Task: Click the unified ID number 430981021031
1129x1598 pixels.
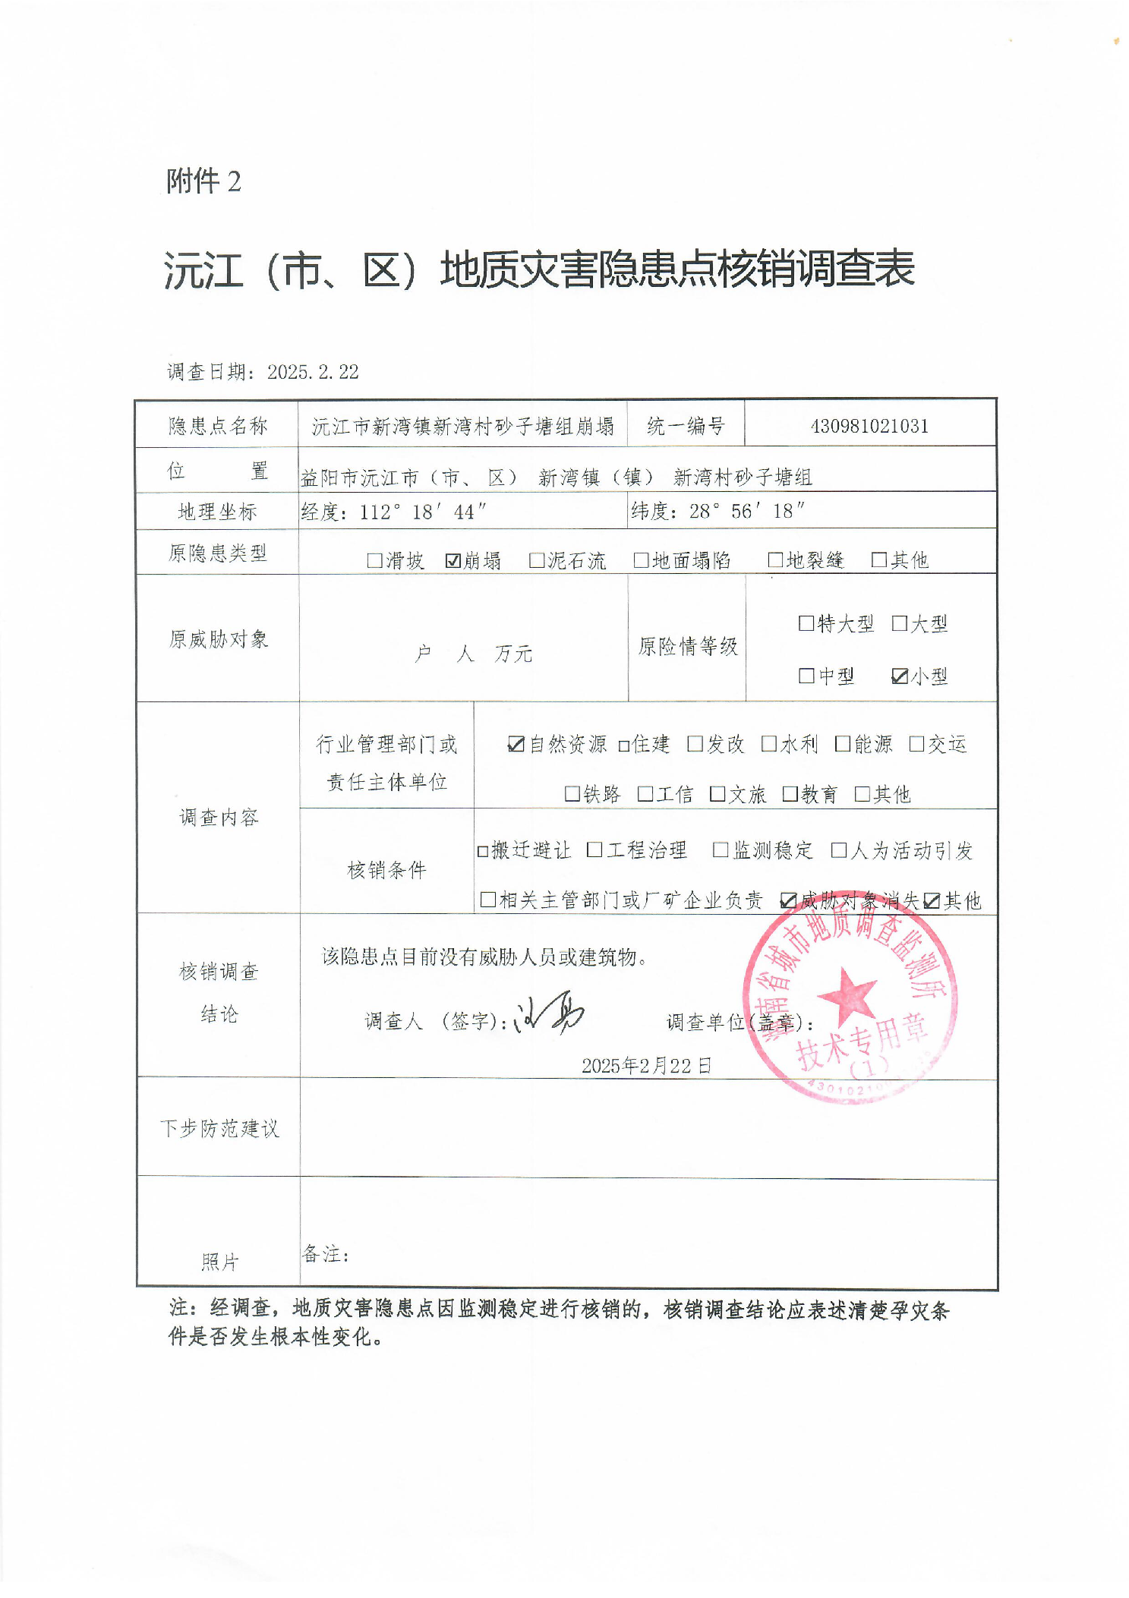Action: pyautogui.click(x=869, y=426)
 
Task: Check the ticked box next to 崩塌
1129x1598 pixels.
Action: pyautogui.click(x=453, y=561)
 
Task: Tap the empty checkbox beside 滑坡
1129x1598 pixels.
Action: pyautogui.click(x=374, y=561)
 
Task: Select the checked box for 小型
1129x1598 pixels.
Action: pyautogui.click(x=900, y=676)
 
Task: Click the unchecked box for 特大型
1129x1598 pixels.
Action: pyautogui.click(x=806, y=623)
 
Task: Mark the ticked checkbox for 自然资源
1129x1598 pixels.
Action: pyautogui.click(x=516, y=745)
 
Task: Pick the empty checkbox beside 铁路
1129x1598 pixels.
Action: pyautogui.click(x=572, y=794)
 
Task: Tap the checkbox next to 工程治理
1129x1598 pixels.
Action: pyautogui.click(x=594, y=850)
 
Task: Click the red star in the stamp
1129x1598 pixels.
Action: pyautogui.click(x=847, y=994)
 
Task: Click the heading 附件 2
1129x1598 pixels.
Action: pyautogui.click(x=203, y=181)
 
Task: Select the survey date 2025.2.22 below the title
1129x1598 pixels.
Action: pyautogui.click(x=312, y=372)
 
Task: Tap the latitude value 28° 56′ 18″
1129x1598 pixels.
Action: pyautogui.click(x=747, y=511)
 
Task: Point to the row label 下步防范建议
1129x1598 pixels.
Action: pyautogui.click(x=219, y=1129)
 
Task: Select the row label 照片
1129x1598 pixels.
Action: pyautogui.click(x=219, y=1262)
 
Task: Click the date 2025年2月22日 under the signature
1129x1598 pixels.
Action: pyautogui.click(x=646, y=1066)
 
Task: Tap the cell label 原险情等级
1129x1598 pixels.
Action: pyautogui.click(x=687, y=646)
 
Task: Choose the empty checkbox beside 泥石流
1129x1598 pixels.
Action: pyautogui.click(x=537, y=561)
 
